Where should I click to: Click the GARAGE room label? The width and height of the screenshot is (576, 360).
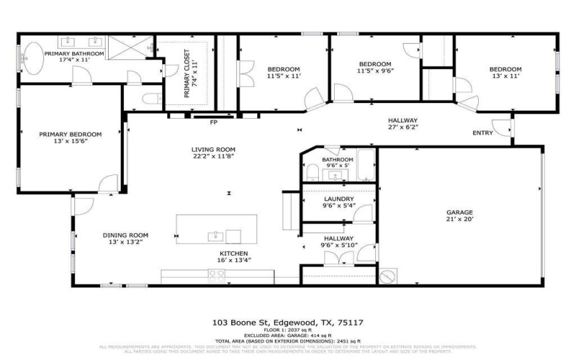459,212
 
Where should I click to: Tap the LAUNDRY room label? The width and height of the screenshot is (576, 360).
338,198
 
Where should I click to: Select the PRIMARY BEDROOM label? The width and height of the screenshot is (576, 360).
70,134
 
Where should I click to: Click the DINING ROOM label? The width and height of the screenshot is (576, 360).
125,235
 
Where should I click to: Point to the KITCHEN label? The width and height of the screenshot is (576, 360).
233,253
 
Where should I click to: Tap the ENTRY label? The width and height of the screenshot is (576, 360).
483,132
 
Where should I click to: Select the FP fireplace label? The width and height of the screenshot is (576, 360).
213,122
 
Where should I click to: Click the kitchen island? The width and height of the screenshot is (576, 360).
217,229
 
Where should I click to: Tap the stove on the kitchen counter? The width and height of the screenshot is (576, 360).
217,274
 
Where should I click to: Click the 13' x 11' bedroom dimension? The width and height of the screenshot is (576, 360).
506,76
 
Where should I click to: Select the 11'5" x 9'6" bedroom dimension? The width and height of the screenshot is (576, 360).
375,71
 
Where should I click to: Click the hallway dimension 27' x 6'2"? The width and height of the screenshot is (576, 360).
402,127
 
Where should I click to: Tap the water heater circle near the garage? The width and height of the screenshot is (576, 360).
390,276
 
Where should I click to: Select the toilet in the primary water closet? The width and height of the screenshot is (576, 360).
149,99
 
